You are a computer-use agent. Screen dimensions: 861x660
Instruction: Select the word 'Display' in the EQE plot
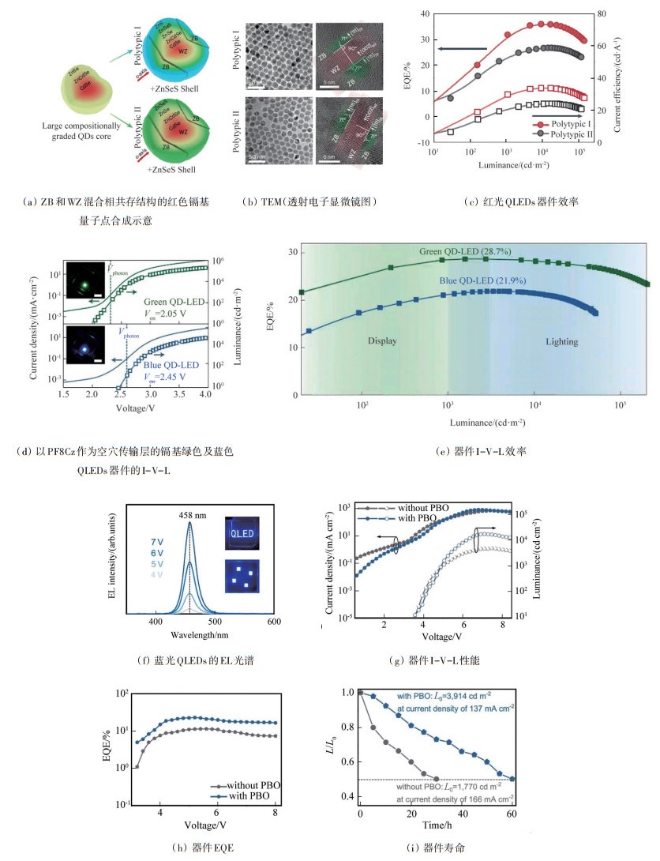382,341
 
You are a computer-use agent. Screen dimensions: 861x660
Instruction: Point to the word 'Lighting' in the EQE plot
561,341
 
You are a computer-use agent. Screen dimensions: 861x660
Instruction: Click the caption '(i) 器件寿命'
436,848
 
